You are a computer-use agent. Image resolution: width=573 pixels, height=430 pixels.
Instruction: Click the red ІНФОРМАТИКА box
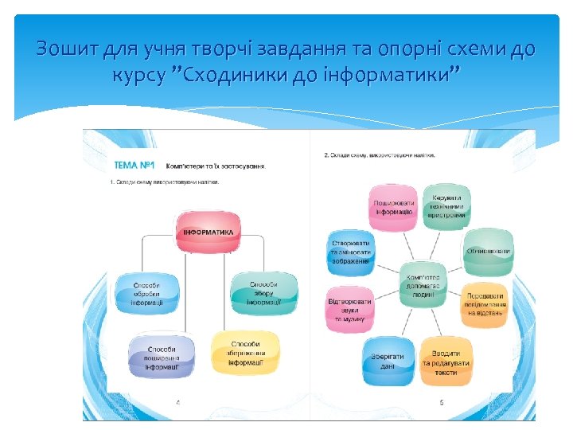click(209, 232)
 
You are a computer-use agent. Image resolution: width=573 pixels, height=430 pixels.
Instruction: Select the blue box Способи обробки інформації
click(146, 294)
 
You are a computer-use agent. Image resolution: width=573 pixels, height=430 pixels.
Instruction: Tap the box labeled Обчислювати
click(488, 251)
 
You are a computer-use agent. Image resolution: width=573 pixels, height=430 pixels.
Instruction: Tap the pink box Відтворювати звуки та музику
click(349, 309)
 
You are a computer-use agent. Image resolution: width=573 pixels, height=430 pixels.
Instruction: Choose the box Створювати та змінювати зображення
click(350, 251)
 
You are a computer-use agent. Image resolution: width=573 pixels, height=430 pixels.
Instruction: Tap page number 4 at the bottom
click(177, 402)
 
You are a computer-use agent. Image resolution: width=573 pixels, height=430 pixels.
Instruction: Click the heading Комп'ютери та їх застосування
click(216, 166)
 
